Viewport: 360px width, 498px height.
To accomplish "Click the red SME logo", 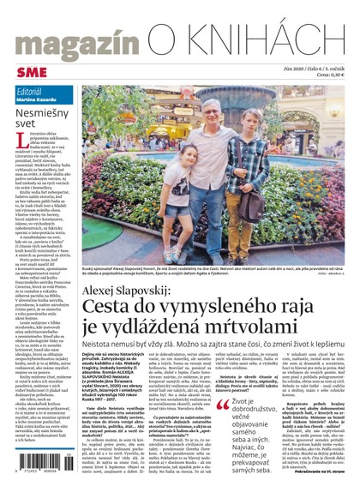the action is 27,69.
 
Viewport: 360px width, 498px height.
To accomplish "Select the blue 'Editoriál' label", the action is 33,91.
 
